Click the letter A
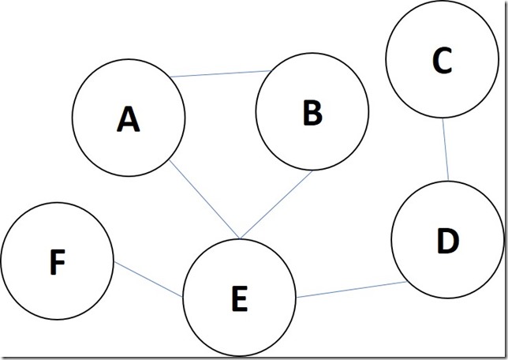pos(129,119)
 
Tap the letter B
pos(312,113)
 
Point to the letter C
pos(442,60)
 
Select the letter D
pos(448,240)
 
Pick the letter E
pos(240,298)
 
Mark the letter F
pos(58,262)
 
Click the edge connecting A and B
pos(220,73)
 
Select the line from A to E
pos(204,200)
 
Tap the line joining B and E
pos(276,204)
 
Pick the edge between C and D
pos(446,149)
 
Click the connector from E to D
pos(352,290)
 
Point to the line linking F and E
pos(148,279)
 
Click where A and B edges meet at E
pos(240,239)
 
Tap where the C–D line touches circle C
pos(443,118)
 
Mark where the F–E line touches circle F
pos(114,262)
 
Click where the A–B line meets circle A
pos(170,77)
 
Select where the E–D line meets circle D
pos(407,282)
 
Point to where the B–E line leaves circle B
pos(312,171)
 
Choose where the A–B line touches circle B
pos(271,70)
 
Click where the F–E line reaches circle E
pos(183,297)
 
